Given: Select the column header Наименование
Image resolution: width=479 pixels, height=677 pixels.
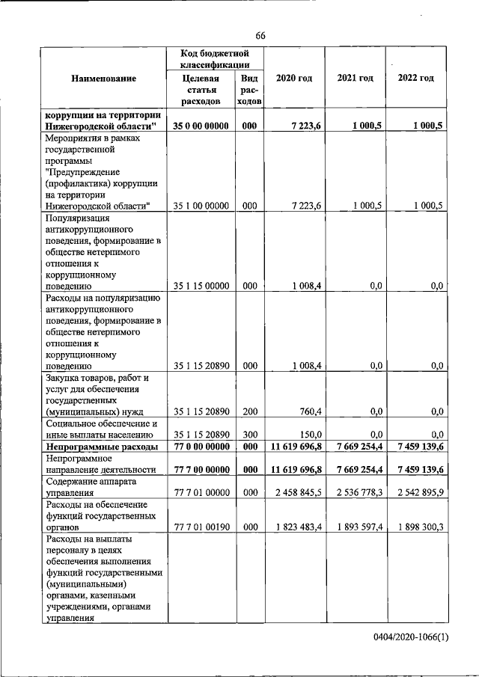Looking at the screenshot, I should pos(104,79).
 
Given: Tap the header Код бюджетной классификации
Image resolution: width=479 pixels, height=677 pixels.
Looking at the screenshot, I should pos(215,59).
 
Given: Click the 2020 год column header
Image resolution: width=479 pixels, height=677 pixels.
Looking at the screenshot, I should pos(294,79).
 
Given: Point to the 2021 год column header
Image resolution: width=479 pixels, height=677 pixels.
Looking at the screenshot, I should pos(355,79).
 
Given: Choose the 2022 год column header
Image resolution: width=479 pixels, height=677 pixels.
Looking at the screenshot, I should pos(415,79).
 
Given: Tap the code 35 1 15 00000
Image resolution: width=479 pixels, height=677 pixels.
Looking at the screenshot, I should pos(201,285).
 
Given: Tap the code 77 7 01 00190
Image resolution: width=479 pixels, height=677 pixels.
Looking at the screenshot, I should pos(201,527).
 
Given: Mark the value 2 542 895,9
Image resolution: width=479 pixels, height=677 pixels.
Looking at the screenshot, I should pos(418,493).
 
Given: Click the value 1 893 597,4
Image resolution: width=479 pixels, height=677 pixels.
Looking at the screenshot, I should pos(356,527).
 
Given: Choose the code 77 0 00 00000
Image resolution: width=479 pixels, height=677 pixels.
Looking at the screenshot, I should pos(201,447).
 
